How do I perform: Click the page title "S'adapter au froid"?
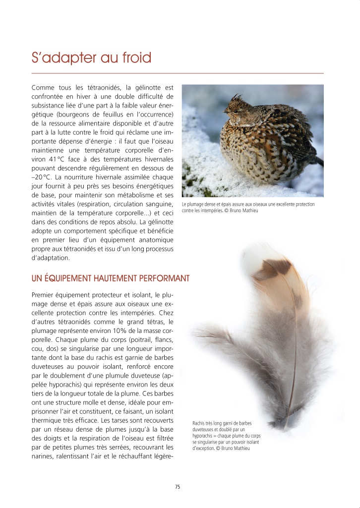pyautogui.click(x=91, y=58)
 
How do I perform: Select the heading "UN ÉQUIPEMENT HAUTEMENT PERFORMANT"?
pyautogui.click(x=110, y=278)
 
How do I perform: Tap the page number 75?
pyautogui.click(x=178, y=487)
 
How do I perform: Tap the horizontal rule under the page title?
pyautogui.click(x=178, y=73)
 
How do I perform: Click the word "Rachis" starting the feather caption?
pyautogui.click(x=199, y=423)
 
